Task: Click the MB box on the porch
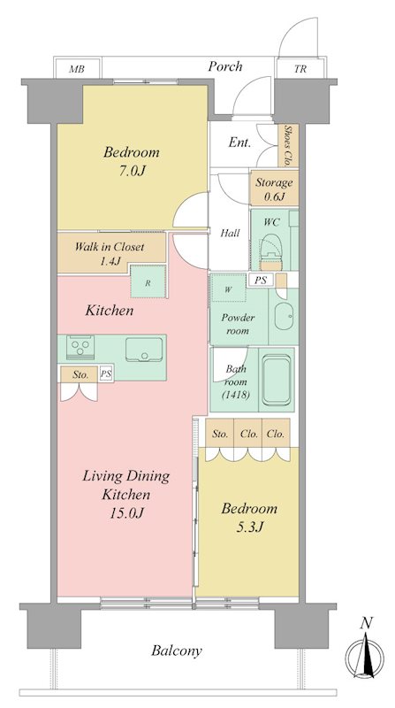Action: point(78,69)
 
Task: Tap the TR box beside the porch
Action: point(300,69)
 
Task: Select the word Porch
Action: point(225,67)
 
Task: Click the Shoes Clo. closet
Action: point(287,145)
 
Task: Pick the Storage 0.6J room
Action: point(274,189)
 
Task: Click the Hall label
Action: point(230,233)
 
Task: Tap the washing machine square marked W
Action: point(228,289)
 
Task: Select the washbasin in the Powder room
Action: point(284,316)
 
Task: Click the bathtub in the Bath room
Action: point(277,380)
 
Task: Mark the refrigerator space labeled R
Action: point(148,281)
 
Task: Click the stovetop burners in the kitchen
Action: point(80,347)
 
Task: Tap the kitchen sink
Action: point(144,350)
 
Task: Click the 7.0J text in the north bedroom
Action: point(131,171)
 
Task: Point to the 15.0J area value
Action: point(126,513)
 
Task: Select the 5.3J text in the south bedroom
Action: point(249,527)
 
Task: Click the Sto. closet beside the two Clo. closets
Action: point(220,434)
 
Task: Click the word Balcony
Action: point(177,651)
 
